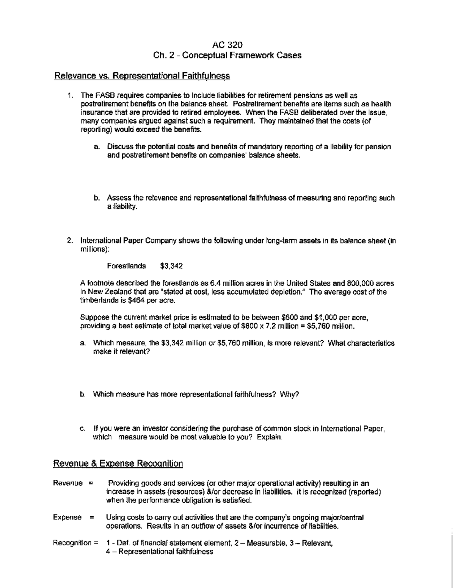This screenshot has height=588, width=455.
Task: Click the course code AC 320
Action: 227,44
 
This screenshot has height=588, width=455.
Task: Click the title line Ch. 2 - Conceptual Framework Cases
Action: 227,55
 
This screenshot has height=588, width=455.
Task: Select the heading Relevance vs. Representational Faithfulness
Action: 143,76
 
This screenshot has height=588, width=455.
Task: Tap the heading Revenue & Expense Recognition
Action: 118,464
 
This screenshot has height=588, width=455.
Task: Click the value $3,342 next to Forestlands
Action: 172,266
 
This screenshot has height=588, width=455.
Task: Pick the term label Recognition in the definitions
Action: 72,543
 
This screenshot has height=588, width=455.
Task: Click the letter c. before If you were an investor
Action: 82,429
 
